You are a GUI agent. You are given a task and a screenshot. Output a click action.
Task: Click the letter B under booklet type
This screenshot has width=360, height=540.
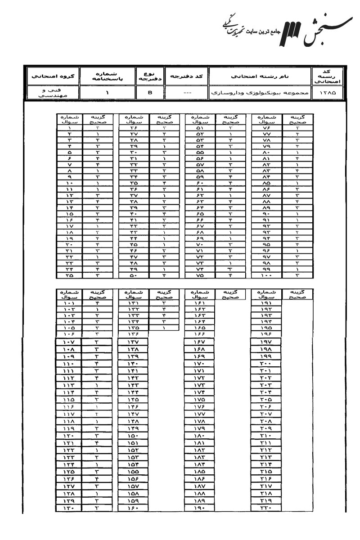[x=151, y=93]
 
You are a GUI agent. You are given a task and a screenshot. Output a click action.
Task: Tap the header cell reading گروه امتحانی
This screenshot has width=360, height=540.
[x=51, y=76]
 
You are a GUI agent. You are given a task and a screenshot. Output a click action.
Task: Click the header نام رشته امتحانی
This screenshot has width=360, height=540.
[x=261, y=76]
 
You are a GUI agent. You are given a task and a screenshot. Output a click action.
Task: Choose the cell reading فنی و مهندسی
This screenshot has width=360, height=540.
[x=51, y=93]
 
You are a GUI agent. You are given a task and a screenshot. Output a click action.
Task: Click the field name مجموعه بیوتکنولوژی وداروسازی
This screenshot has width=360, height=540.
[x=261, y=94]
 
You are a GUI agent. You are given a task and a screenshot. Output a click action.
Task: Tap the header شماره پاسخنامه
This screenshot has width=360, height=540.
[x=107, y=76]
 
